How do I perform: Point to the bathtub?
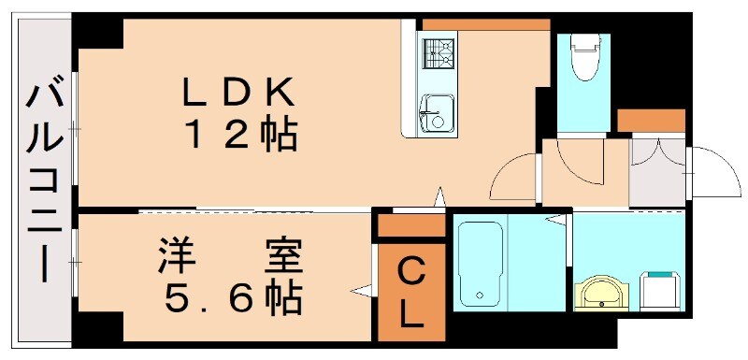[481, 263]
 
